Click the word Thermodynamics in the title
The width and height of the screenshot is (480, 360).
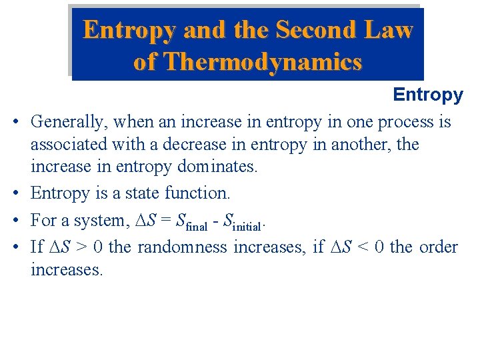[263, 62]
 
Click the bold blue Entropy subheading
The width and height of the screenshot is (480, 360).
[427, 95]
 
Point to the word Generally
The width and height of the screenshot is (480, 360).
[69, 122]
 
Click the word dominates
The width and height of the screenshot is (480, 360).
[216, 166]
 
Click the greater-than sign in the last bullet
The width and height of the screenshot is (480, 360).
[80, 247]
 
